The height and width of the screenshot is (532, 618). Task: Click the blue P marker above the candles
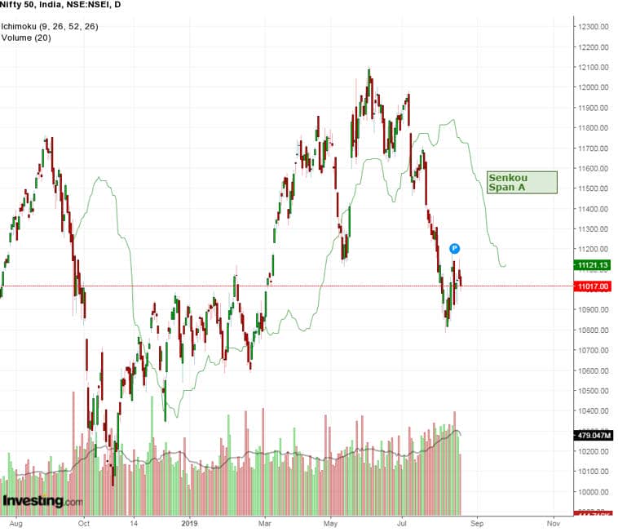click(x=455, y=248)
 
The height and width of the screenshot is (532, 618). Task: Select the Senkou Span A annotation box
click(x=522, y=182)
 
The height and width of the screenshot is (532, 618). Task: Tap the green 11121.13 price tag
click(x=593, y=264)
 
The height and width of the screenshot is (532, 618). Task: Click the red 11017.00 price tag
click(x=593, y=286)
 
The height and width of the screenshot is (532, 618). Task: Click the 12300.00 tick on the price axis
click(x=593, y=27)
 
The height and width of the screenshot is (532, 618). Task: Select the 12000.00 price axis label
click(x=593, y=87)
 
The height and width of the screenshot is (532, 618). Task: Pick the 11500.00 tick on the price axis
click(x=593, y=188)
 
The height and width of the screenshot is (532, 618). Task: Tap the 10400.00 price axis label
click(x=593, y=411)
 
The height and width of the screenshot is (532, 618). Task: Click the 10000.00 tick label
click(x=593, y=492)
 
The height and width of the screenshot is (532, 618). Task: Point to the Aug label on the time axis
click(x=15, y=519)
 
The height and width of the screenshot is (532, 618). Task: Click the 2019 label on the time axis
click(x=190, y=519)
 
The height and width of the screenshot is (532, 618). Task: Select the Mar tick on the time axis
click(x=265, y=519)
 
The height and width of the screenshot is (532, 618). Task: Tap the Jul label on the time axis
click(x=403, y=519)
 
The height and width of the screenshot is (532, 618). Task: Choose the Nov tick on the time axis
click(x=552, y=519)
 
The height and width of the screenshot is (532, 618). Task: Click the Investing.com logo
click(x=42, y=501)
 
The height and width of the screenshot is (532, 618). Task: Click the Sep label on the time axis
click(x=477, y=519)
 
